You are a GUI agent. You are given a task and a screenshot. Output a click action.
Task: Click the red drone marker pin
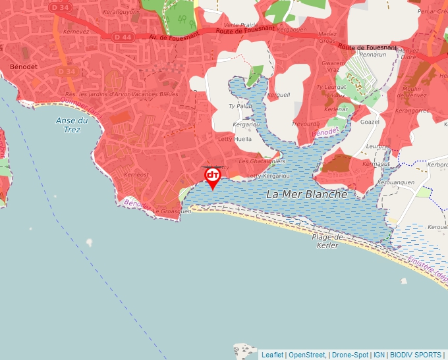(213, 176)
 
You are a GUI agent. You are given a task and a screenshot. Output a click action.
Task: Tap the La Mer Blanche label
(306, 195)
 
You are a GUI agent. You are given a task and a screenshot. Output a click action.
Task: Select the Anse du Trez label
(72, 124)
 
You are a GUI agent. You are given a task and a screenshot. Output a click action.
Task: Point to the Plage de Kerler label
(327, 241)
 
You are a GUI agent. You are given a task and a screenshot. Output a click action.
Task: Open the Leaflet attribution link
(272, 355)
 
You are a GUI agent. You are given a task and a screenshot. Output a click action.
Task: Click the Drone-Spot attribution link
(350, 355)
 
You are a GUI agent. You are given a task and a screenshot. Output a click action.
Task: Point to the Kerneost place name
(136, 175)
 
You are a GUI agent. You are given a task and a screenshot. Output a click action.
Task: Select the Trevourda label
(305, 124)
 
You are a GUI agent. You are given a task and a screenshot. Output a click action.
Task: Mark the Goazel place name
(370, 122)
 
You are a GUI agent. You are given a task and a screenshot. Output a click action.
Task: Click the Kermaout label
(376, 163)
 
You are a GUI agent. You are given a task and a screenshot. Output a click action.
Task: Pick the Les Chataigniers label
(262, 161)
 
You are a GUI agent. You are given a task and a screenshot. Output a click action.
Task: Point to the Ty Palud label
(240, 105)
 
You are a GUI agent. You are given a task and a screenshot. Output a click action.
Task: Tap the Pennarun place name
(372, 55)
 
